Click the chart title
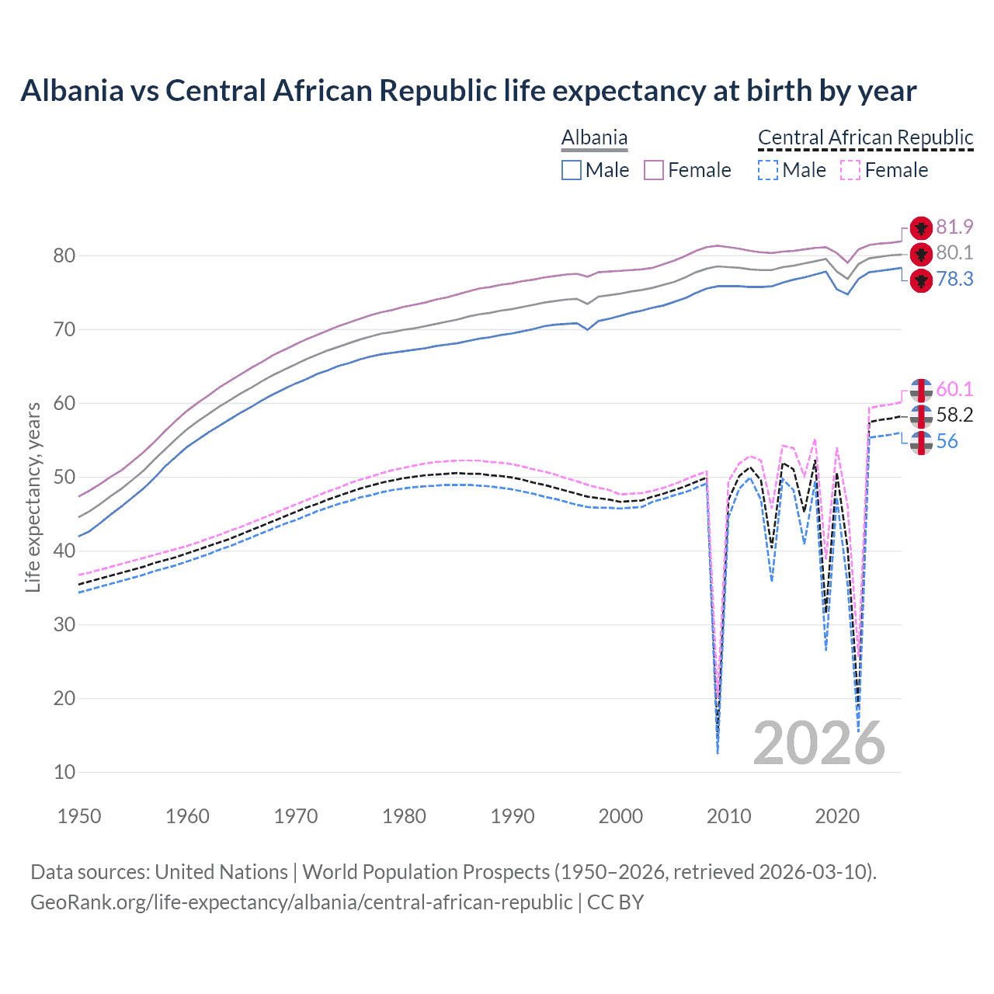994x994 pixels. (x=468, y=91)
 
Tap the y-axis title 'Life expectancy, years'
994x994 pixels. (x=33, y=497)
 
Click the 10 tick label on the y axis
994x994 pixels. (x=64, y=772)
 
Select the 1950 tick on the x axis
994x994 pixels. (x=79, y=816)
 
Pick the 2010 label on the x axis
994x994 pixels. (x=729, y=816)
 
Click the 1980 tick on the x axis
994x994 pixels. (x=404, y=816)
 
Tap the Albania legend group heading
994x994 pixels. (x=594, y=138)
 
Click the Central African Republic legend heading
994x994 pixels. (x=865, y=138)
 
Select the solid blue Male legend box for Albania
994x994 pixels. (x=572, y=170)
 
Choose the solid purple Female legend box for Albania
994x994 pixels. (x=654, y=170)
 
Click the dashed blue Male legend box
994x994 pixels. (x=768, y=170)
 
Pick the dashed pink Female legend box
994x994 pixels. (x=850, y=170)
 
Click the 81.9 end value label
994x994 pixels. (x=954, y=227)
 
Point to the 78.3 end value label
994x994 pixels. (x=954, y=279)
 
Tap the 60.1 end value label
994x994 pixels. (x=954, y=389)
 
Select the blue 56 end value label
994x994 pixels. (x=947, y=442)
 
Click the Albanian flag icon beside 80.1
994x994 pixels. (x=921, y=253)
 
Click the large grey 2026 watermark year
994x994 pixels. (x=818, y=743)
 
